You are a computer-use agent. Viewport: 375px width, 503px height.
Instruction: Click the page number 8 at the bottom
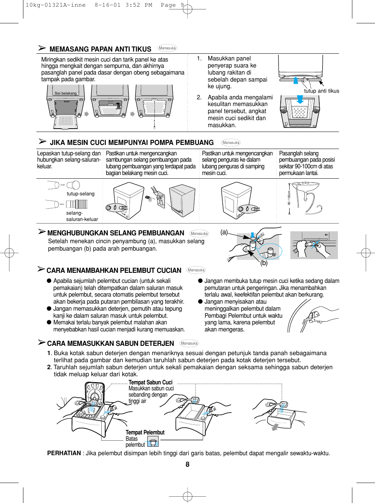pyautogui.click(x=187, y=464)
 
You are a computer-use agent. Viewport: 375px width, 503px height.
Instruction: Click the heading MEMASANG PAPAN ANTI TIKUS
pyautogui.click(x=100, y=49)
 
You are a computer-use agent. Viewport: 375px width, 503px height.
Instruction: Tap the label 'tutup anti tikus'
pyautogui.click(x=322, y=91)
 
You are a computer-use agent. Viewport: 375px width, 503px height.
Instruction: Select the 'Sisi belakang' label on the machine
pyautogui.click(x=65, y=93)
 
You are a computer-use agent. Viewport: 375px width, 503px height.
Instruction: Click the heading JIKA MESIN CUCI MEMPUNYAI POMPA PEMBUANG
pyautogui.click(x=132, y=143)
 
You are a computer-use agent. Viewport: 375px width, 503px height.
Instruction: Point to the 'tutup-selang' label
pyautogui.click(x=81, y=193)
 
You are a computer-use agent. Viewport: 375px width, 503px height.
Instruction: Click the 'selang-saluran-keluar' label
pyautogui.click(x=82, y=216)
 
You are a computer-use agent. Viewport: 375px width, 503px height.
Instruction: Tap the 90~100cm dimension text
pyautogui.click(x=289, y=198)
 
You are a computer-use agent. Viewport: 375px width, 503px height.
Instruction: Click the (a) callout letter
pyautogui.click(x=224, y=232)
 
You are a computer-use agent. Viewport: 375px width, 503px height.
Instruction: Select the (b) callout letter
pyautogui.click(x=264, y=263)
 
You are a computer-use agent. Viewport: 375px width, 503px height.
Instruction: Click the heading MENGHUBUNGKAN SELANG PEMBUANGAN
pyautogui.click(x=116, y=233)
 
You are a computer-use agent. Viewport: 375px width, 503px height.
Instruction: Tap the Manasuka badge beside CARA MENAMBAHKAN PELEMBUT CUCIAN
pyautogui.click(x=196, y=270)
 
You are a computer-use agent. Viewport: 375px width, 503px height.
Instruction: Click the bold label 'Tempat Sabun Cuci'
pyautogui.click(x=150, y=382)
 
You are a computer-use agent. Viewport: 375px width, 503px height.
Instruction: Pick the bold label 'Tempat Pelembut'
pyautogui.click(x=145, y=432)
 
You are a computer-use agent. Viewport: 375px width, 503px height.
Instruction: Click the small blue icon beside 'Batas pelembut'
pyautogui.click(x=153, y=441)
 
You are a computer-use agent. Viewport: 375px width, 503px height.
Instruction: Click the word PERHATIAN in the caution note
pyautogui.click(x=64, y=453)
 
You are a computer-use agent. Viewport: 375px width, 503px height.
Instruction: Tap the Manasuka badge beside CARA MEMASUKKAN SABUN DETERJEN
pyautogui.click(x=189, y=343)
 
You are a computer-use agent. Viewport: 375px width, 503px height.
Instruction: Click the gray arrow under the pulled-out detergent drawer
pyautogui.click(x=275, y=427)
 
